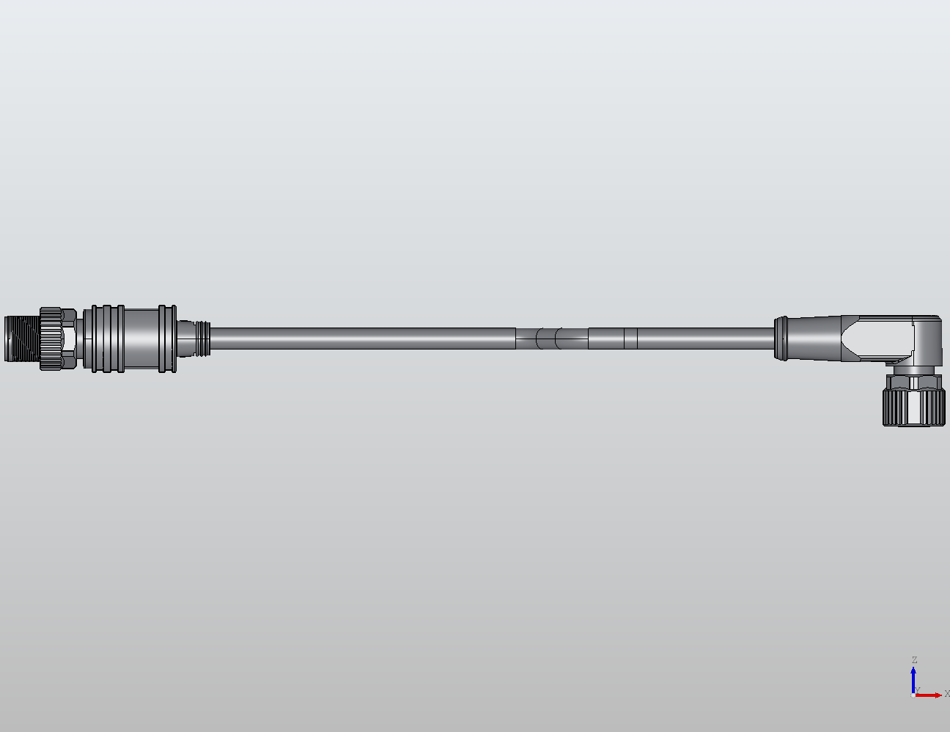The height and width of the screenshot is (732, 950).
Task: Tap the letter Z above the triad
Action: click(x=914, y=660)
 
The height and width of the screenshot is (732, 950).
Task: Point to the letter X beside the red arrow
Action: click(x=946, y=694)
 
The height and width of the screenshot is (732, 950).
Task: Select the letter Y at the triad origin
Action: click(x=918, y=690)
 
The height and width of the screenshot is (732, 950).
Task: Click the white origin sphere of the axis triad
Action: click(x=913, y=695)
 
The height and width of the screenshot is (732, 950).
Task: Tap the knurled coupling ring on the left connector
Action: click(x=51, y=339)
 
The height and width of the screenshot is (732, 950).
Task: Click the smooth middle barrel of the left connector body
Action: click(x=140, y=339)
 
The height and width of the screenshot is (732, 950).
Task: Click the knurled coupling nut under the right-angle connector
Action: click(x=913, y=407)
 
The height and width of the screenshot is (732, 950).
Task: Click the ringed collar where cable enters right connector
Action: click(x=781, y=339)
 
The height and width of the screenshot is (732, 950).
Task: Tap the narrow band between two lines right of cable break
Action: click(x=630, y=339)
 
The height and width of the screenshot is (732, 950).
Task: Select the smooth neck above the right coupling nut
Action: click(x=913, y=381)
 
